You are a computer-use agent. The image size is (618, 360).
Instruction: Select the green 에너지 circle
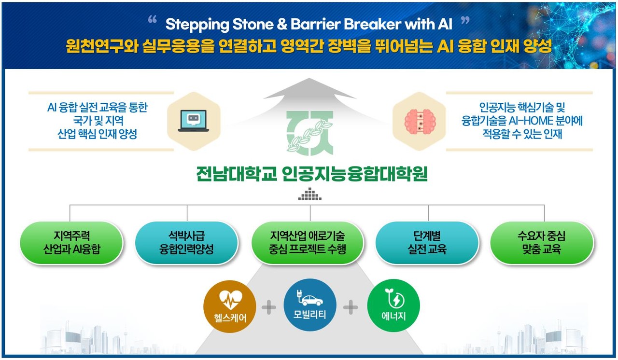tap(393, 305)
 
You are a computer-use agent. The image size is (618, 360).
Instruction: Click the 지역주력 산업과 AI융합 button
tap(71, 243)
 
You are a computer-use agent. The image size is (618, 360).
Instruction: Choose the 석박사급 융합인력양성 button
tap(186, 243)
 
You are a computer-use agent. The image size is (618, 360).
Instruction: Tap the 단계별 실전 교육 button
tap(427, 243)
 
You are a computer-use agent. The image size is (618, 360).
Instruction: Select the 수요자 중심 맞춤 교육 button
tap(541, 243)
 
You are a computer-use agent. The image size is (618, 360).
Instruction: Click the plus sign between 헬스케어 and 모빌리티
tap(268, 307)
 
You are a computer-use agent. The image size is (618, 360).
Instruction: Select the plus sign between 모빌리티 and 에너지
tap(351, 307)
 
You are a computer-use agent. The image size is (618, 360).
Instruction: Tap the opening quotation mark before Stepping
tap(153, 21)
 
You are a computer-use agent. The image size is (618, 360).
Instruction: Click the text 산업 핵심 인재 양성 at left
tap(97, 134)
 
